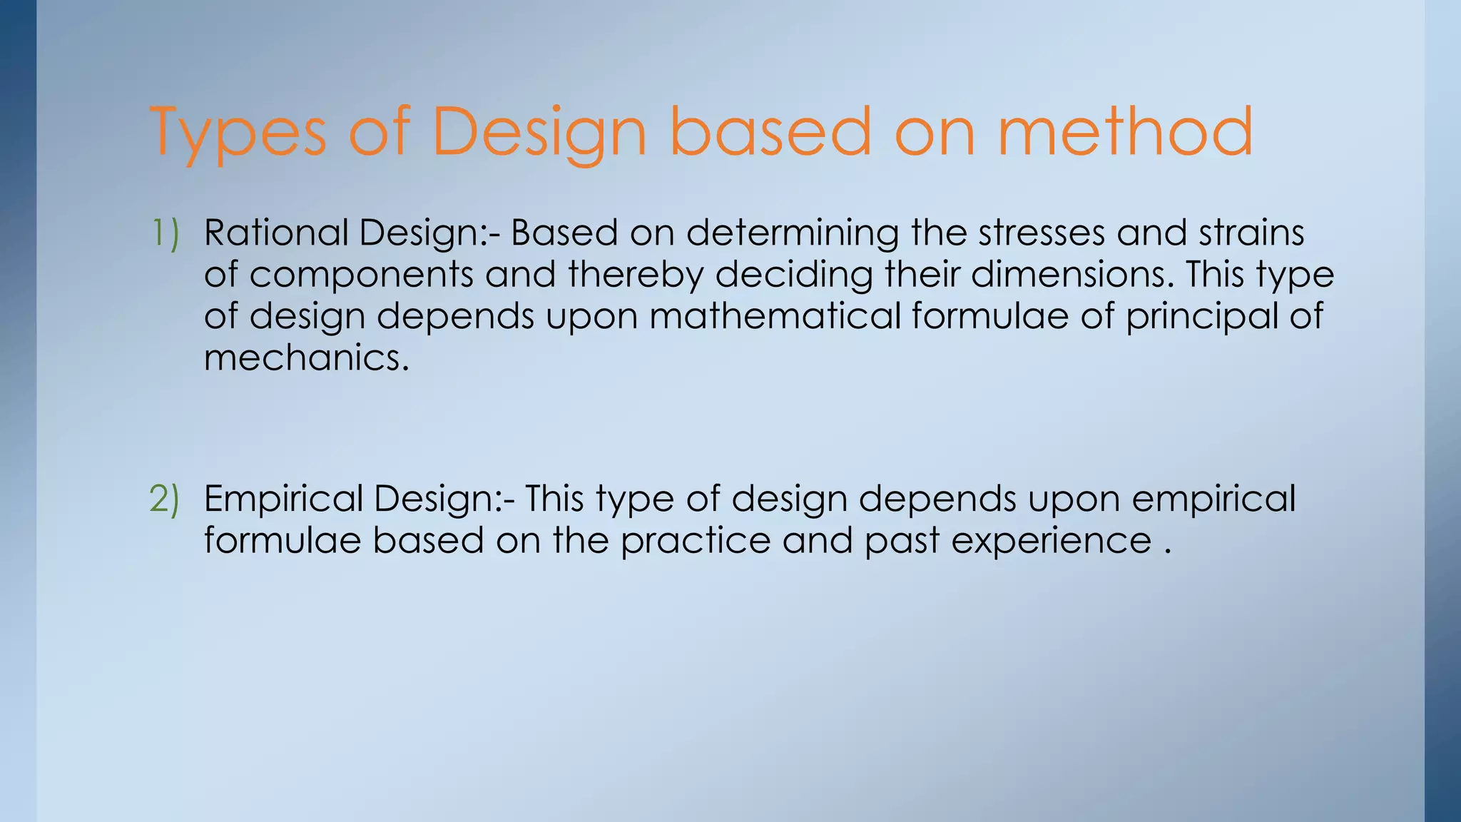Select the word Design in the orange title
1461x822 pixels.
(x=539, y=133)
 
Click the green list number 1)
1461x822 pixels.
(x=166, y=233)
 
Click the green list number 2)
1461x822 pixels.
(x=165, y=498)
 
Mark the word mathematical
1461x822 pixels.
(x=775, y=315)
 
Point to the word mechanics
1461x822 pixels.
(x=306, y=357)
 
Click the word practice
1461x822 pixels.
(x=695, y=540)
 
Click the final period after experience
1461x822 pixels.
(x=1167, y=551)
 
